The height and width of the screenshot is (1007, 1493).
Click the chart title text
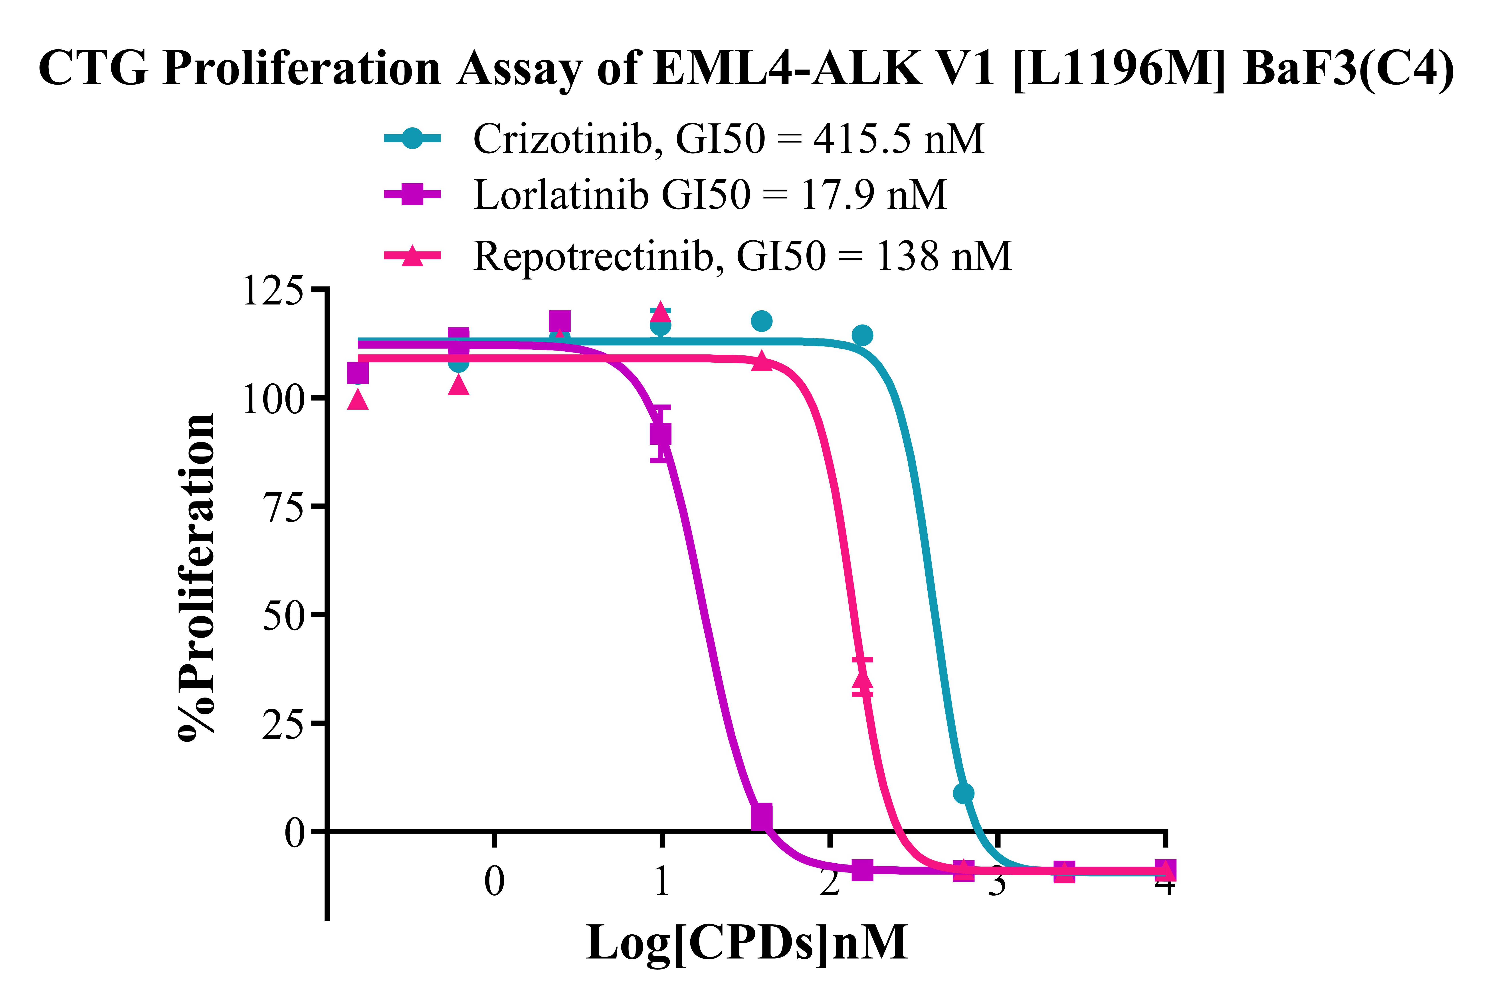pyautogui.click(x=746, y=67)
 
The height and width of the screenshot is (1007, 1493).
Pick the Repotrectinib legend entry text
pyautogui.click(x=742, y=256)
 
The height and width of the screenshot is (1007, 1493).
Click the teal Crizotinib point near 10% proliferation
pyautogui.click(x=963, y=794)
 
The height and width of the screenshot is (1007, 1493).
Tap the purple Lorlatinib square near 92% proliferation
pyautogui.click(x=660, y=434)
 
